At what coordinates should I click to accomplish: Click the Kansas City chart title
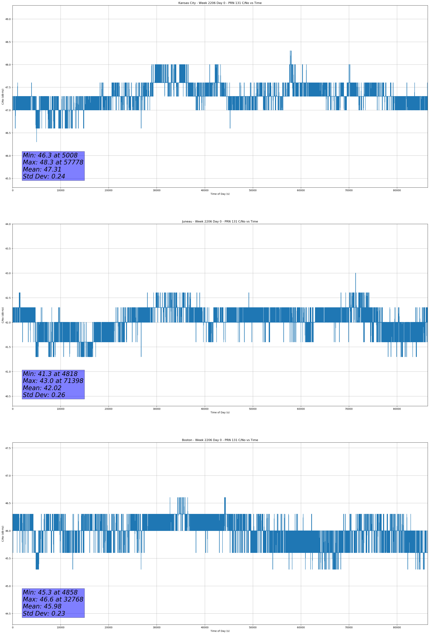coord(220,3)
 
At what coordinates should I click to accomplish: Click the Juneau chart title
coord(220,222)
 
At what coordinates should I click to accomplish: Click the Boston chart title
coord(220,440)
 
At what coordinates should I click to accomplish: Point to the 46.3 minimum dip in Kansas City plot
coord(37,141)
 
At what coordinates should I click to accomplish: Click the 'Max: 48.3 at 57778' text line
coord(53,162)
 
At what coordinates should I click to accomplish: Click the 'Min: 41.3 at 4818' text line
coord(50,374)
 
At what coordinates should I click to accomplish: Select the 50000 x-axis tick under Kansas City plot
coord(253,190)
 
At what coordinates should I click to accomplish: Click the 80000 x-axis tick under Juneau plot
coord(397,409)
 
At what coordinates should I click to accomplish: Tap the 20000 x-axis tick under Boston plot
coord(109,627)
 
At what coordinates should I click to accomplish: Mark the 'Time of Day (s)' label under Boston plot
coord(220,631)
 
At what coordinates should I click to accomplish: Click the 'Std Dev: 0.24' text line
coord(44,177)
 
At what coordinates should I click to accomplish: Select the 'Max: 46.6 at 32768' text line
coord(53,599)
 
